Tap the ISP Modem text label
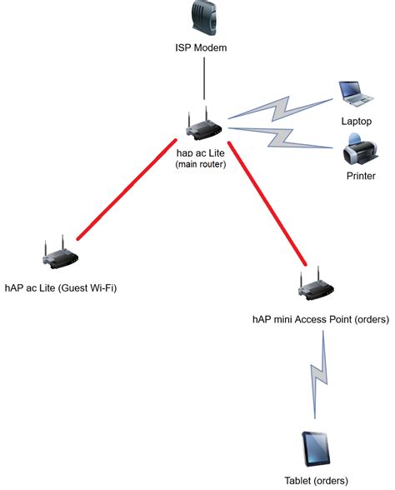(201, 47)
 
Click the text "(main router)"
(201, 164)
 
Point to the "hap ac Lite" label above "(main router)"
(201, 152)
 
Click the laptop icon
(356, 94)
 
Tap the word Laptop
(357, 122)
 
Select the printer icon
(360, 149)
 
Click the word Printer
(361, 176)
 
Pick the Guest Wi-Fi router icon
(60, 252)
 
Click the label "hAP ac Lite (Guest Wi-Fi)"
(61, 287)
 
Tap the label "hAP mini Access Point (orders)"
(321, 319)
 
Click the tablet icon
(316, 448)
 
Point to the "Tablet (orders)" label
(316, 480)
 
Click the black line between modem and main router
(204, 78)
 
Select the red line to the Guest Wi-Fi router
(127, 190)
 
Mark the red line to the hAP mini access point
(267, 203)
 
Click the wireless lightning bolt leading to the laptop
(281, 108)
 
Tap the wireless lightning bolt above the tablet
(318, 374)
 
